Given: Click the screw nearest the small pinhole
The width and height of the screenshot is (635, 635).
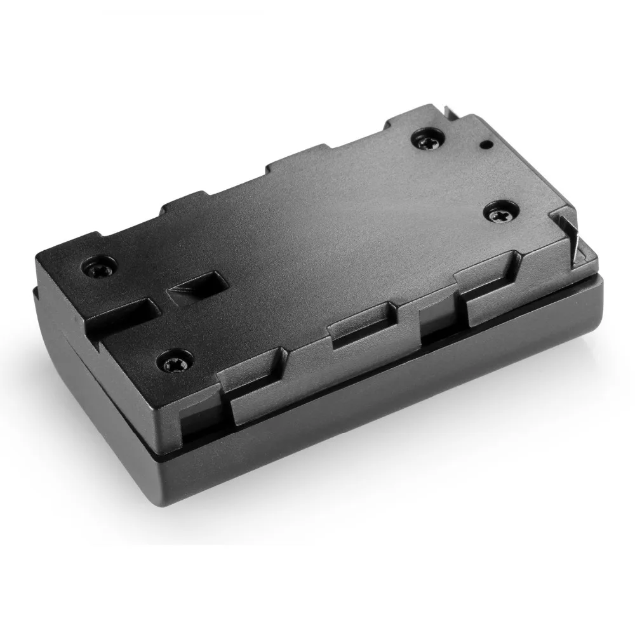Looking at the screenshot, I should [425, 138].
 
